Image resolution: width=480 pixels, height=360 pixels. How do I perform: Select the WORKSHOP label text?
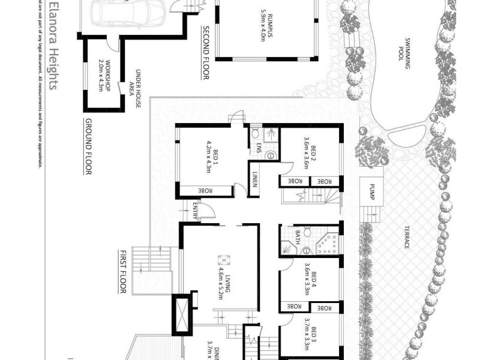(x=106, y=75)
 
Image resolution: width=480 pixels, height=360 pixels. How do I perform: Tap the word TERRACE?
(x=406, y=239)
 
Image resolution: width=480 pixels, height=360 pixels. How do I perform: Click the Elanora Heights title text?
(x=52, y=45)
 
